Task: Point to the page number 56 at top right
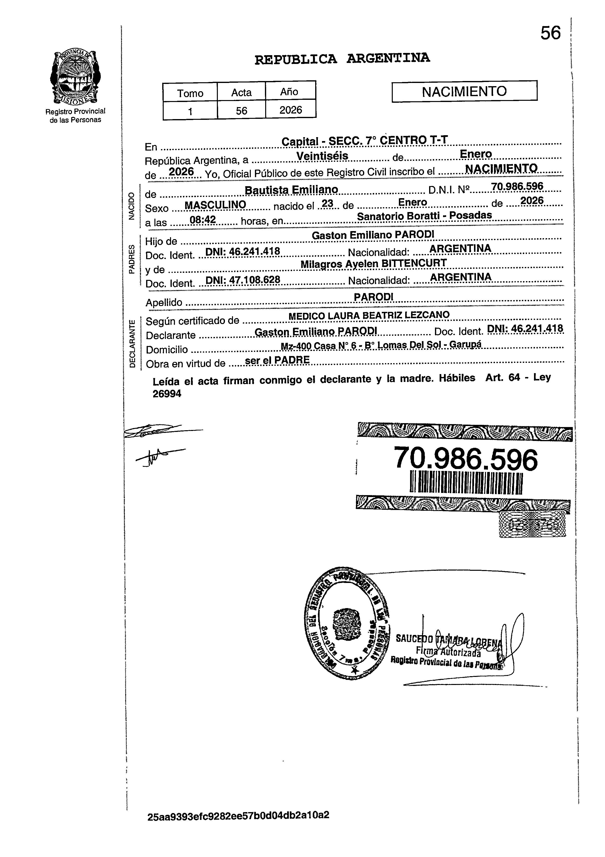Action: (x=551, y=33)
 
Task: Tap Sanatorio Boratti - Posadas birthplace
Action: (x=424, y=216)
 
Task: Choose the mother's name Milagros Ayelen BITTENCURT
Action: (x=373, y=264)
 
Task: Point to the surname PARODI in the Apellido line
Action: (x=373, y=296)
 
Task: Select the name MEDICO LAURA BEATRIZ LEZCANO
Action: (x=369, y=316)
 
